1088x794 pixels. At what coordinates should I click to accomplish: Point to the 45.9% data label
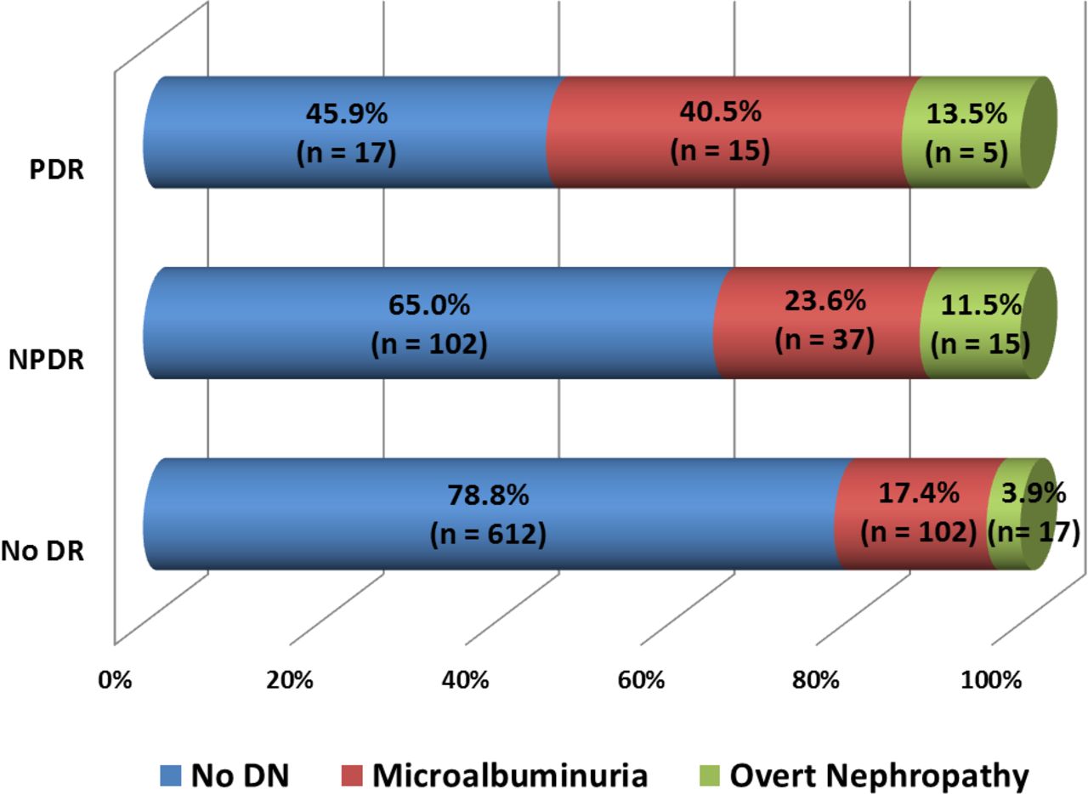point(346,113)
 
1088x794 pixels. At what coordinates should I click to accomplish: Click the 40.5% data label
point(720,113)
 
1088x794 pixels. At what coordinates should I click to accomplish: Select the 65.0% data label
point(429,304)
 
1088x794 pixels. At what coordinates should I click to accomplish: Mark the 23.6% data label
point(824,300)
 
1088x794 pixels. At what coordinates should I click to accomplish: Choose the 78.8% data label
point(488,495)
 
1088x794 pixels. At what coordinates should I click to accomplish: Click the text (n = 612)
point(488,535)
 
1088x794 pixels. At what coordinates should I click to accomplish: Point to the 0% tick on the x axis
point(115,681)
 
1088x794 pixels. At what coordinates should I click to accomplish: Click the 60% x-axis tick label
point(642,681)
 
